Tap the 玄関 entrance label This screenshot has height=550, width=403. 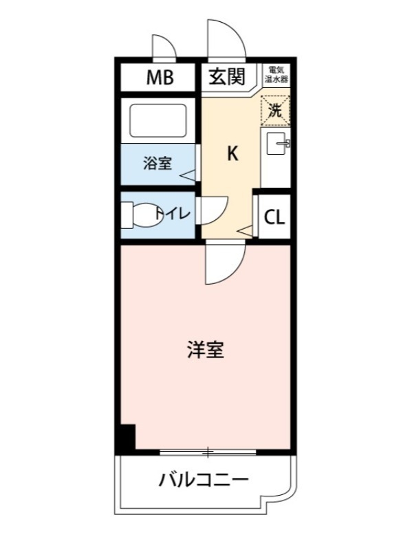pyautogui.click(x=226, y=77)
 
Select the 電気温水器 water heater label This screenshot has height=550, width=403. pyautogui.click(x=278, y=75)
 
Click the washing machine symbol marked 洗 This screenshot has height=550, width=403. pyautogui.click(x=275, y=110)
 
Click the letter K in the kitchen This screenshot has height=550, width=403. pyautogui.click(x=232, y=154)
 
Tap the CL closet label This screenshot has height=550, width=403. pyautogui.click(x=274, y=218)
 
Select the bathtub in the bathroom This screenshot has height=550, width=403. pyautogui.click(x=158, y=120)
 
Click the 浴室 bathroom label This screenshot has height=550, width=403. pyautogui.click(x=157, y=164)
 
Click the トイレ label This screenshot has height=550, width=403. pyautogui.click(x=172, y=213)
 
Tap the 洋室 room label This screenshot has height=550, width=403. pyautogui.click(x=205, y=350)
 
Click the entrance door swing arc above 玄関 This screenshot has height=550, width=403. pyautogui.click(x=226, y=40)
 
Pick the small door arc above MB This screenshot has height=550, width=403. pyautogui.click(x=164, y=48)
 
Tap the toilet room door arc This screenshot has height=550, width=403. pyautogui.click(x=215, y=209)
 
